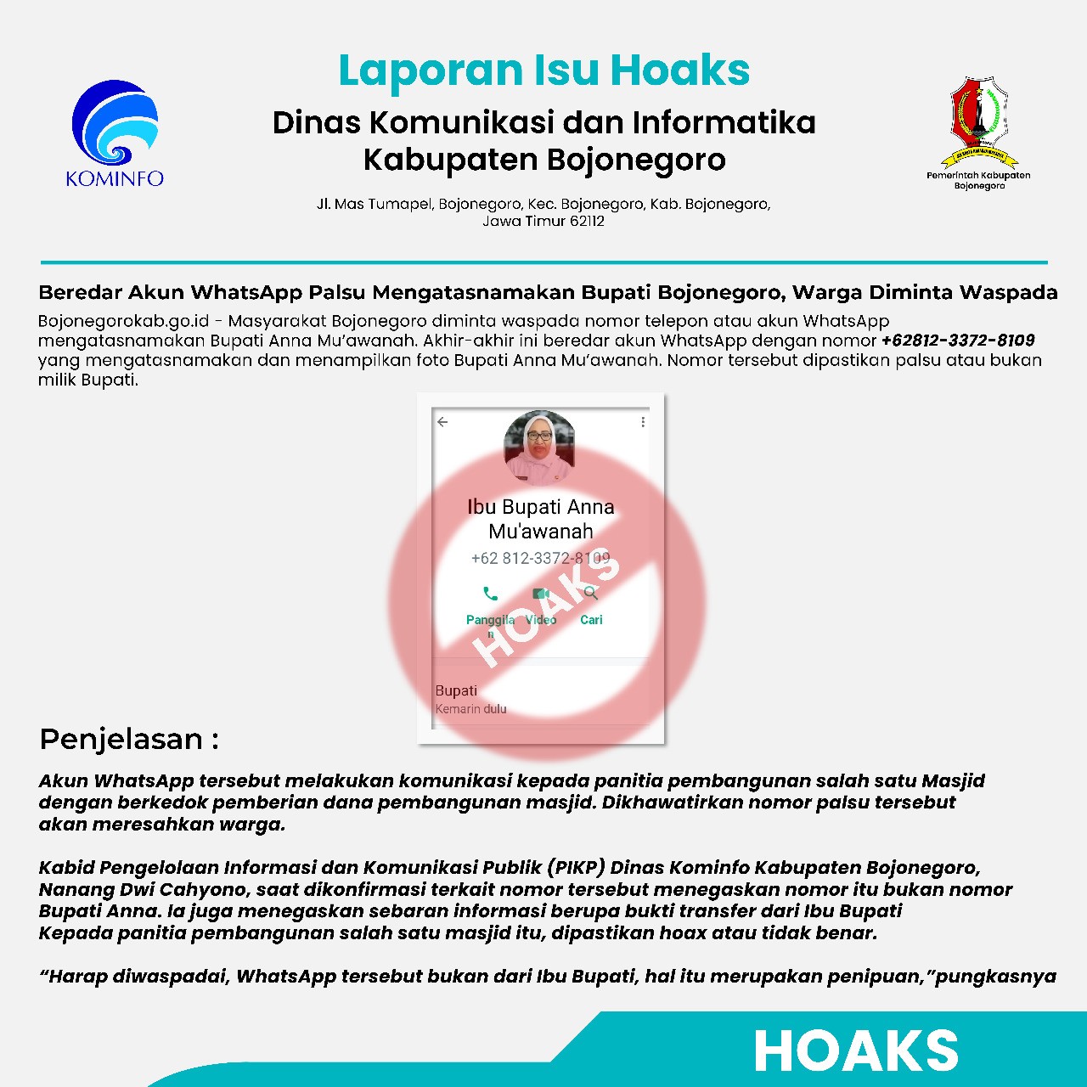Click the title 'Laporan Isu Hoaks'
point(543,70)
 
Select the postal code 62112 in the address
point(587,222)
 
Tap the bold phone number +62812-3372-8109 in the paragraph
point(958,341)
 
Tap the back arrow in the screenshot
point(442,422)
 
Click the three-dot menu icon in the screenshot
point(643,422)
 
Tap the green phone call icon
point(490,594)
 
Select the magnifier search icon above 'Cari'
point(591,593)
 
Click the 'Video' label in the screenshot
point(541,620)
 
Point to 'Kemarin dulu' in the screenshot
point(470,709)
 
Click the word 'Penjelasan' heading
point(121,739)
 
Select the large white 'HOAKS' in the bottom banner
point(855,1051)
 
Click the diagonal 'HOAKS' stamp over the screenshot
point(548,611)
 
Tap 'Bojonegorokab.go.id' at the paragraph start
point(123,322)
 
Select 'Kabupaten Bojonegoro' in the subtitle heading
point(543,160)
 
